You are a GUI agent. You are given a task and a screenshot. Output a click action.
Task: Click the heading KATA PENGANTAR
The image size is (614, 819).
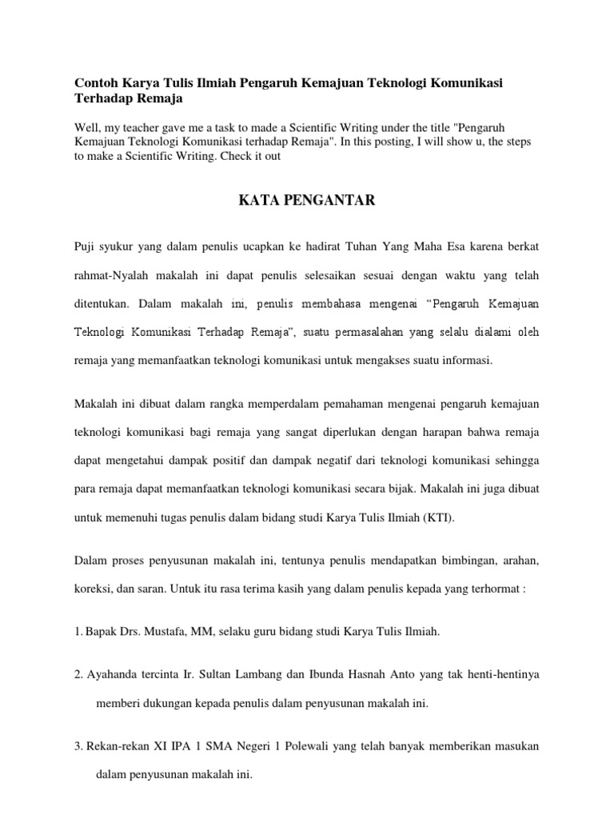pos(307,200)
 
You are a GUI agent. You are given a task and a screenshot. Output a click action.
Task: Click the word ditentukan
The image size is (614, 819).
pos(101,304)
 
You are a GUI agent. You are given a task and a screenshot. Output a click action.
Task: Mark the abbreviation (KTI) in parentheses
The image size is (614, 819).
pos(434,517)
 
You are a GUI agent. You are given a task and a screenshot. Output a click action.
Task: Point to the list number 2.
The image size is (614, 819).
pos(78,674)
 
